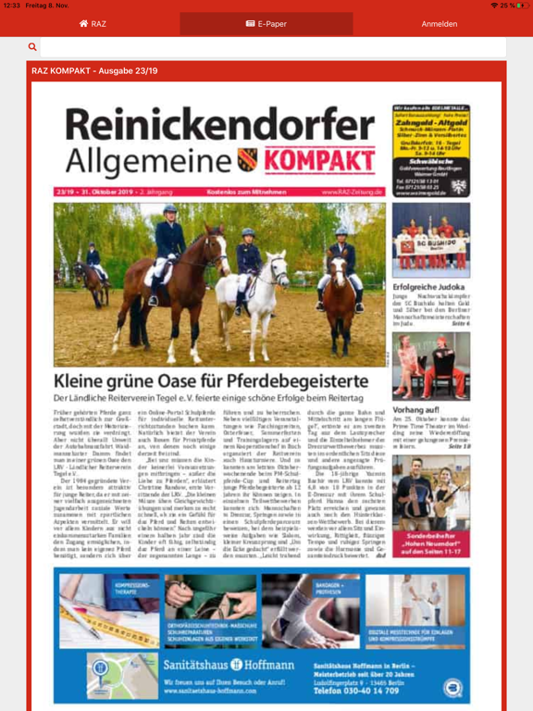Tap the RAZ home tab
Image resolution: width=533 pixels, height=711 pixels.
tap(93, 24)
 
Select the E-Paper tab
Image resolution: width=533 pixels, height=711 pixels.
tap(266, 24)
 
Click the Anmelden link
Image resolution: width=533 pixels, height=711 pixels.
tap(439, 24)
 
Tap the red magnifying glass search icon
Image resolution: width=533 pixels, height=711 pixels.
tap(32, 47)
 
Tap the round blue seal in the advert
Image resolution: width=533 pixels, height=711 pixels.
tap(453, 687)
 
